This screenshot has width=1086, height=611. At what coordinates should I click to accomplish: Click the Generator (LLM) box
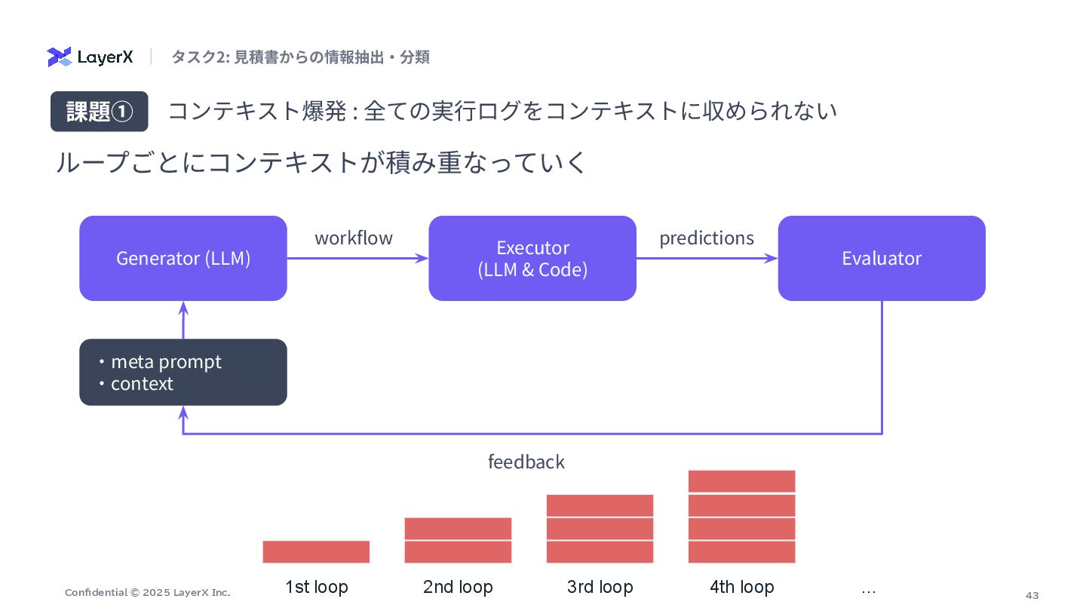[183, 258]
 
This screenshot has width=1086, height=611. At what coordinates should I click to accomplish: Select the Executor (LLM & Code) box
[532, 258]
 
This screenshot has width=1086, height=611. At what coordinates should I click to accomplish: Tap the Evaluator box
[882, 258]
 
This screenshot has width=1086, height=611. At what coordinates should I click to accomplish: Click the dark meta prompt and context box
[183, 372]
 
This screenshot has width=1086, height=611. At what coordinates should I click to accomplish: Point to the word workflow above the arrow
[354, 238]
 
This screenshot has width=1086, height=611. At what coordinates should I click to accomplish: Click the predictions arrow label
[707, 238]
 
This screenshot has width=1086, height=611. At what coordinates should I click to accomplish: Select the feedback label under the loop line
[526, 462]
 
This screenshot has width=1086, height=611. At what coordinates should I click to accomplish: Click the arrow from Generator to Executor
[357, 258]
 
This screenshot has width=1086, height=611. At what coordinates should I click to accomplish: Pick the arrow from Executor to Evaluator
[707, 258]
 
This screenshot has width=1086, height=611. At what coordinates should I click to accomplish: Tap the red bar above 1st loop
[316, 551]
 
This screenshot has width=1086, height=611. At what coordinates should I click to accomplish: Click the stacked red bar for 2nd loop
[458, 540]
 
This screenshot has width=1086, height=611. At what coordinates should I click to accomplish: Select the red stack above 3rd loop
[600, 528]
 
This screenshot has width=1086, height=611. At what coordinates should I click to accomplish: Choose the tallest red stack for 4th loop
[742, 516]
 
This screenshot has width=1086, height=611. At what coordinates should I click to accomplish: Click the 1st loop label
[316, 587]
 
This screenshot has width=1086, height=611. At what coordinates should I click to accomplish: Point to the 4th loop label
[742, 587]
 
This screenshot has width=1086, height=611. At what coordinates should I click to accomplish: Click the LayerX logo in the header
[90, 57]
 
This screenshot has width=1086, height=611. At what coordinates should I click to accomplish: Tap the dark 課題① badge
[100, 112]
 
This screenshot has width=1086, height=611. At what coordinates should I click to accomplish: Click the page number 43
[1032, 595]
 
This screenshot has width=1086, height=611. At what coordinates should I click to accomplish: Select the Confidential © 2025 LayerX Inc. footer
[148, 592]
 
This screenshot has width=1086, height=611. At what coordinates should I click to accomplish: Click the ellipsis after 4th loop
[869, 588]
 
